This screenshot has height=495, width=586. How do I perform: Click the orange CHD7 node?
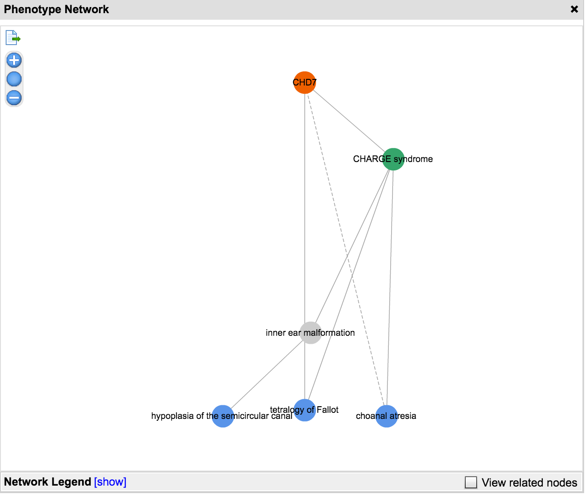305,83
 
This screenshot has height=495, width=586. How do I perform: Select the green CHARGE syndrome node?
393,159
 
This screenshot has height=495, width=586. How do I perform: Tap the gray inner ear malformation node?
310,333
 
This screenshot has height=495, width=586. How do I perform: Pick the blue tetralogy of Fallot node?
305,410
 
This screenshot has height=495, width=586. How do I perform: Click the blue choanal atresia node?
386,417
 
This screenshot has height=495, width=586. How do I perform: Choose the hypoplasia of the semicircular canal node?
223,417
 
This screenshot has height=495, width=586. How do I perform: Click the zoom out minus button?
14,98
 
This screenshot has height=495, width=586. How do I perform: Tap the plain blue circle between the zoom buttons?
14,79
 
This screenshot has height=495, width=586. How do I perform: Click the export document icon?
13,38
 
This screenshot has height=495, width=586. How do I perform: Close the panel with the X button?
574,9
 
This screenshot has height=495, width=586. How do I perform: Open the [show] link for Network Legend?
110,482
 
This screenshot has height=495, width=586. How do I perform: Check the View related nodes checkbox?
470,482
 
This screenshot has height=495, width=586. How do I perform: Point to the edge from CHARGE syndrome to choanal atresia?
390,288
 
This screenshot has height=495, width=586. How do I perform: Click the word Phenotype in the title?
32,9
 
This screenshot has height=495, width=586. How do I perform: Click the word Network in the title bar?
86,9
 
